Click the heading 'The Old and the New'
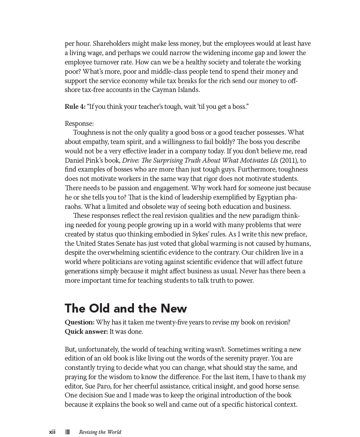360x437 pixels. [x=125, y=309]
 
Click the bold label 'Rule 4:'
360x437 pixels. [x=75, y=107]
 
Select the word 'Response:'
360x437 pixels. [x=79, y=124]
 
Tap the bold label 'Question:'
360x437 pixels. [x=79, y=322]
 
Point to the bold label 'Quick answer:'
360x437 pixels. [x=86, y=332]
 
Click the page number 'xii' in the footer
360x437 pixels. [x=52, y=432]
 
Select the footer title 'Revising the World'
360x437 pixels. [x=100, y=432]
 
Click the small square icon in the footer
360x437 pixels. [x=68, y=432]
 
